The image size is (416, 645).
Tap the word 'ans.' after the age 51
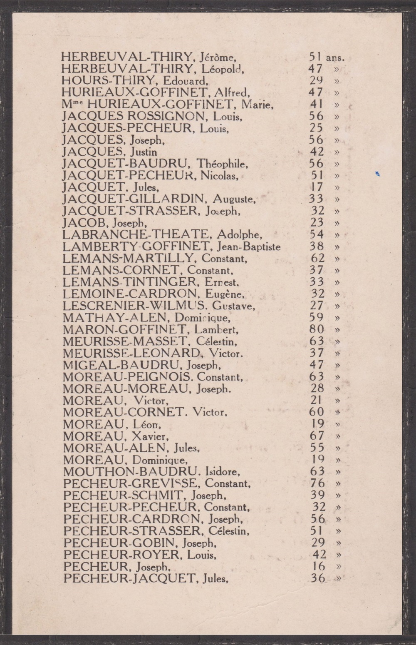tap(335, 58)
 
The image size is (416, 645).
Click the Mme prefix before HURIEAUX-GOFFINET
tap(67, 104)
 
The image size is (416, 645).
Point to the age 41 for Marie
tap(316, 104)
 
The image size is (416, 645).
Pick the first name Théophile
tap(222, 164)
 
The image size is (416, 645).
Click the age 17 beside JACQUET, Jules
tap(317, 187)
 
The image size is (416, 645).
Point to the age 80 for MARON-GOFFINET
tap(317, 329)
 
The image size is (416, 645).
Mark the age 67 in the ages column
tap(317, 436)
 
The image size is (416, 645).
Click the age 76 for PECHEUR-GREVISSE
tap(317, 483)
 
